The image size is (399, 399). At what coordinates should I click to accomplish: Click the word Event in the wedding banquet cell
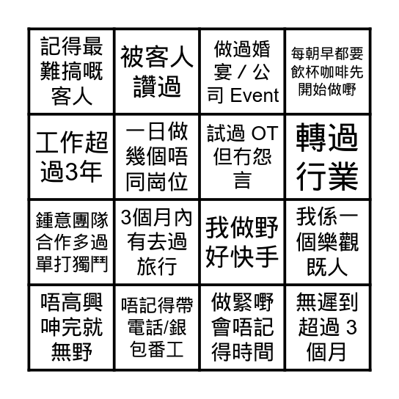click(x=255, y=95)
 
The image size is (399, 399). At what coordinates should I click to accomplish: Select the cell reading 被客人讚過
click(x=157, y=71)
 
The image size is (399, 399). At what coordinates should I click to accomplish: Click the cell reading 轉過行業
click(x=328, y=157)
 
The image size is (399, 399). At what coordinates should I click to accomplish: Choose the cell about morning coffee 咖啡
click(x=328, y=71)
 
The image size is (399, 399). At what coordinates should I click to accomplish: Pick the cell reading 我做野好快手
click(x=242, y=242)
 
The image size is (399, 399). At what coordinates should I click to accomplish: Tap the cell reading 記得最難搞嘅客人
click(x=71, y=71)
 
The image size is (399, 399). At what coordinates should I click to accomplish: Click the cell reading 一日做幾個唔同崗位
click(x=157, y=157)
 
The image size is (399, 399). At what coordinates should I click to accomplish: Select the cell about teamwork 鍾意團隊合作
click(x=71, y=242)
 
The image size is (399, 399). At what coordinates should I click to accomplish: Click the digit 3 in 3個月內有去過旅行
click(x=126, y=217)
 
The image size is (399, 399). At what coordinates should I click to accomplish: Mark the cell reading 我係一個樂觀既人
click(x=328, y=242)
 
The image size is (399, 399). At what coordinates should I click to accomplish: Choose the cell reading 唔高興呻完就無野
click(x=71, y=328)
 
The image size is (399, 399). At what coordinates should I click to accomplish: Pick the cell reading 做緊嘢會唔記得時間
click(x=242, y=328)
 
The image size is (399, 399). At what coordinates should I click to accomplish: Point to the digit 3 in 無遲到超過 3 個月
click(x=351, y=327)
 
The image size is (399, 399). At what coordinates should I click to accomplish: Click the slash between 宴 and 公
click(x=242, y=73)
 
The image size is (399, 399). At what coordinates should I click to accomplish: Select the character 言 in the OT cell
click(x=243, y=180)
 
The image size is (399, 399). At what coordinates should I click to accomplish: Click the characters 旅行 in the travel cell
click(x=157, y=266)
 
